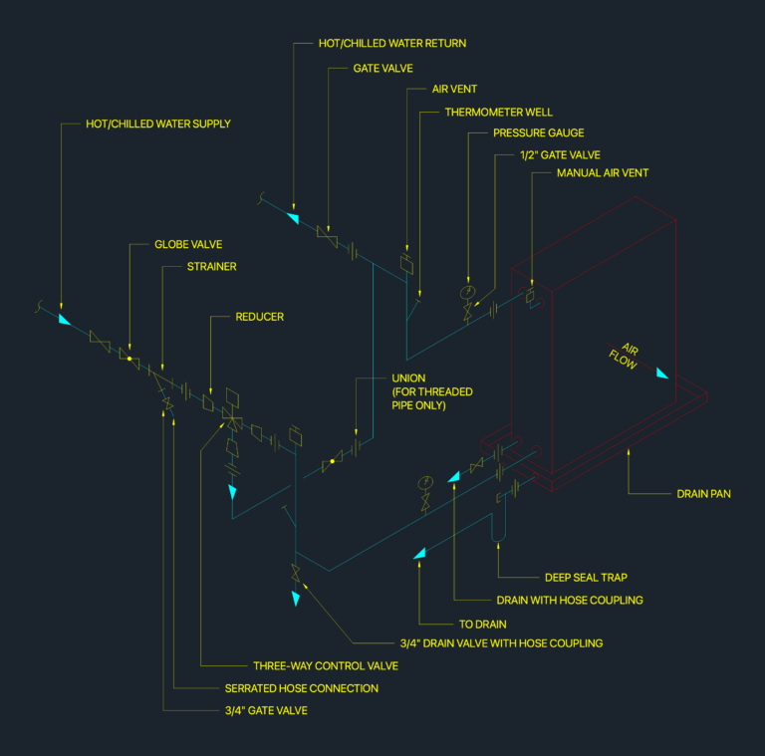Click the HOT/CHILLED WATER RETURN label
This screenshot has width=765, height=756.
click(x=392, y=44)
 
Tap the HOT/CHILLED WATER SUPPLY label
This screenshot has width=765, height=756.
click(x=158, y=124)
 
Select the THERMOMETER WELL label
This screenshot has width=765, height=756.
click(x=499, y=113)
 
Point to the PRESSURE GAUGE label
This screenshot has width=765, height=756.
click(x=539, y=132)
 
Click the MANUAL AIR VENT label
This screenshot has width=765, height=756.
click(x=603, y=172)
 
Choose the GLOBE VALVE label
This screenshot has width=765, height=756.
click(x=188, y=244)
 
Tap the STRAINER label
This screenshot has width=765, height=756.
click(x=212, y=266)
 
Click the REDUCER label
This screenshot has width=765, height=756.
click(x=260, y=317)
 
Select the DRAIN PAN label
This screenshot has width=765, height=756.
click(x=703, y=494)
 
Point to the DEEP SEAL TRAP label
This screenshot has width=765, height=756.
click(x=586, y=578)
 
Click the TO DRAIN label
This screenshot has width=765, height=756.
click(x=482, y=625)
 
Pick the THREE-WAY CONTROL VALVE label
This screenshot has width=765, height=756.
click(x=326, y=665)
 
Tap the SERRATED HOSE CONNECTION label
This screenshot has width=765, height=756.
click(x=302, y=688)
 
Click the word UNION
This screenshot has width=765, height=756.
click(x=408, y=378)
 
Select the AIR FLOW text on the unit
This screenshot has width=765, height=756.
click(x=625, y=356)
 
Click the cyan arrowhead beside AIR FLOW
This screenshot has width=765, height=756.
click(x=662, y=374)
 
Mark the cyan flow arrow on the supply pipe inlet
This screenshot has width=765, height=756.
click(x=64, y=320)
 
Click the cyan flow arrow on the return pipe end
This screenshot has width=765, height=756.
click(x=293, y=218)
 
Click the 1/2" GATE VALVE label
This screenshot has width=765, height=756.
click(x=560, y=155)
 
